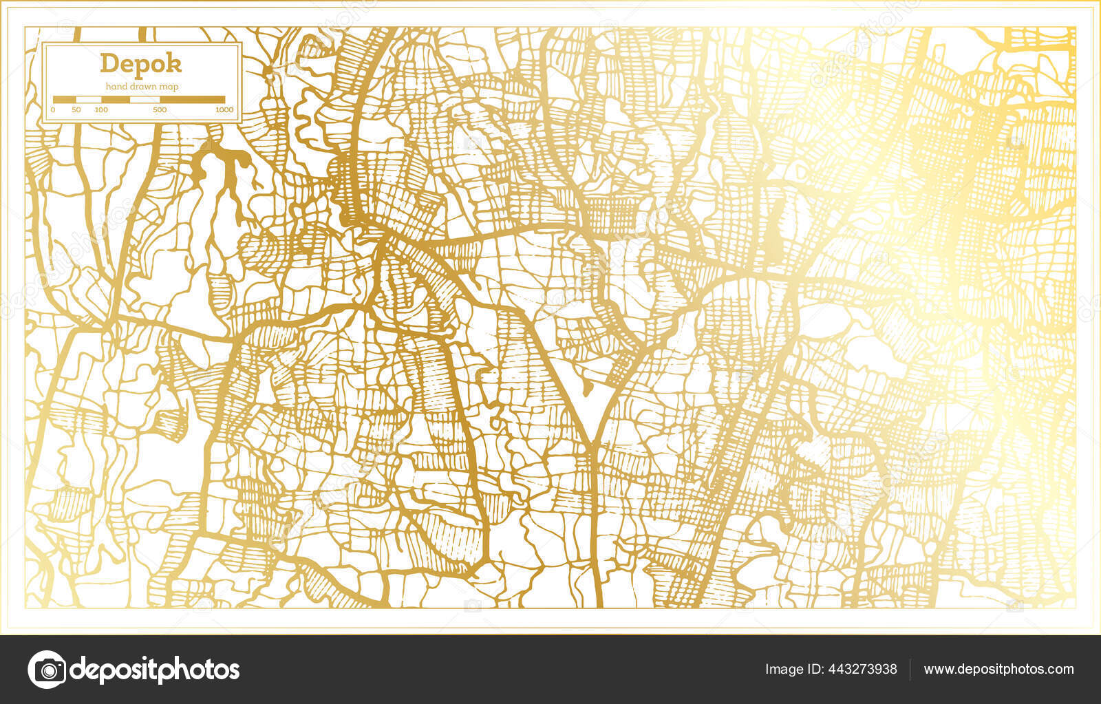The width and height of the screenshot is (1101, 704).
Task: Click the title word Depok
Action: click(x=141, y=63)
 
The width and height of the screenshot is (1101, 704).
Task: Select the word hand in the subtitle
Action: click(x=115, y=87)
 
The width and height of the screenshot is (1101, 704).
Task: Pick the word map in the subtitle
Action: click(x=169, y=87)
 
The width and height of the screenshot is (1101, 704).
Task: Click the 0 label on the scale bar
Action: click(x=53, y=110)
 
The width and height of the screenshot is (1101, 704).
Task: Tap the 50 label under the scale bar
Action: click(x=76, y=110)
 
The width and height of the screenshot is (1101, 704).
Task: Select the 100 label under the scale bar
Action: click(x=101, y=110)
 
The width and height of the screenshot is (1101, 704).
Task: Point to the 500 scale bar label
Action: click(x=159, y=110)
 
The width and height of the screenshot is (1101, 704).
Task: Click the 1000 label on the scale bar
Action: click(x=224, y=110)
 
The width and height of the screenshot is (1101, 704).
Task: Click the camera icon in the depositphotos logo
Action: click(x=47, y=669)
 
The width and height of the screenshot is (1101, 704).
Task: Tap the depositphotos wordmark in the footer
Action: click(x=155, y=669)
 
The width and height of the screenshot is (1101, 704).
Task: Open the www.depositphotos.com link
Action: click(x=998, y=669)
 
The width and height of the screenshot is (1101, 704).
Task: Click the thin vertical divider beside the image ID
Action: click(x=910, y=669)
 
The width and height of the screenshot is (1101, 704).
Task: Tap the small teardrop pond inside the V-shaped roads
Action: click(x=586, y=390)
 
